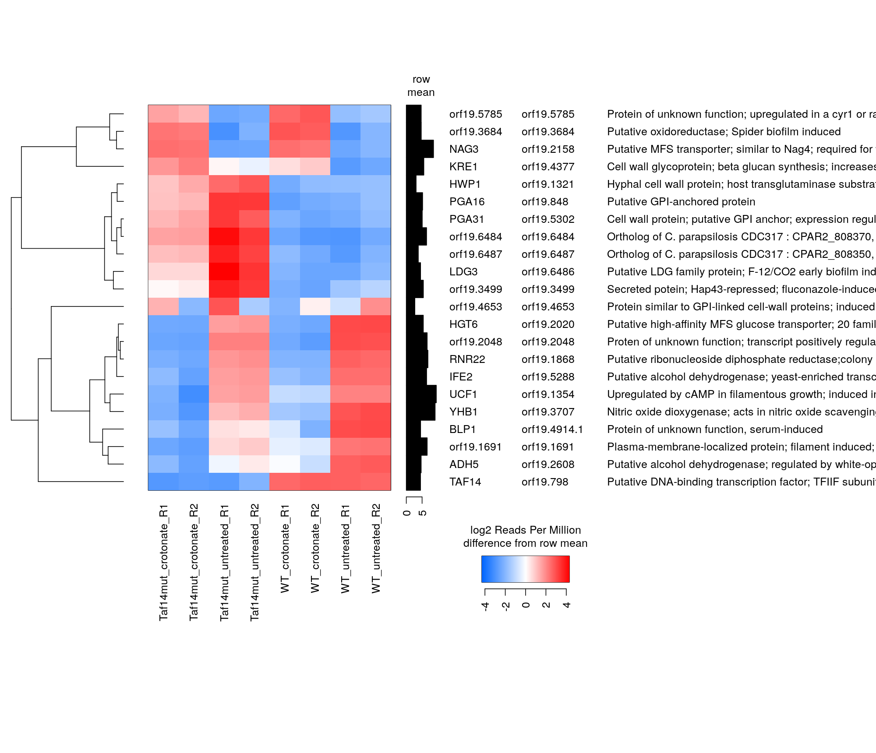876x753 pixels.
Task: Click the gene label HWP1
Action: (x=465, y=184)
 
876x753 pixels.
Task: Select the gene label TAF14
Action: (x=465, y=482)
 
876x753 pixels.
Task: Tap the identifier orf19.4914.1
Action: (x=552, y=429)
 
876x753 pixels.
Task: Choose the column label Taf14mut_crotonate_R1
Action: (x=163, y=562)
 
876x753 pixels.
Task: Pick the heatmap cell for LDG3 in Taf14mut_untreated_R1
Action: (x=224, y=271)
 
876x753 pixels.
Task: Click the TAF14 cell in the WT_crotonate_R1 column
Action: (x=285, y=482)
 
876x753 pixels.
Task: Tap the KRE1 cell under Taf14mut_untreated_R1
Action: (x=224, y=166)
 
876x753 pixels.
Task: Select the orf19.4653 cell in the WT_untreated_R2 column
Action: (x=376, y=306)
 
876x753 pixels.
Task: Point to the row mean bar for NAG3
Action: (x=420, y=149)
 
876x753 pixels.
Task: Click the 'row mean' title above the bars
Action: (x=421, y=86)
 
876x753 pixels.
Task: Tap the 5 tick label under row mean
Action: (x=423, y=513)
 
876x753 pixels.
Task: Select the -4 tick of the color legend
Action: (x=485, y=606)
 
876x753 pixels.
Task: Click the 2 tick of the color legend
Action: (x=546, y=605)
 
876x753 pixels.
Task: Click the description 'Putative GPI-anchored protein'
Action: (x=681, y=202)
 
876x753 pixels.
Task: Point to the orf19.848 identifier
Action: (x=545, y=202)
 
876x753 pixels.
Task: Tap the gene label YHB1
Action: (x=463, y=412)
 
